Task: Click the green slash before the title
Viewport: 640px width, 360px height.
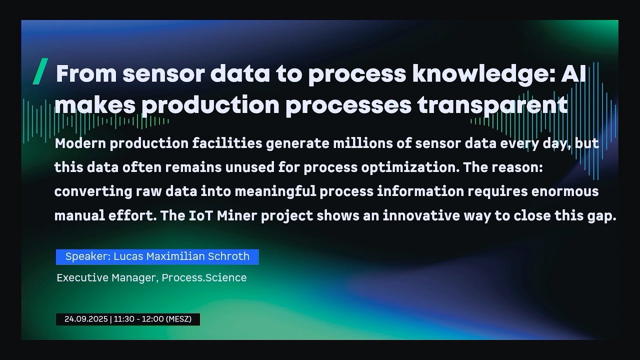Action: point(40,71)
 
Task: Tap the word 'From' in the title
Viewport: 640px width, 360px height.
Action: point(86,73)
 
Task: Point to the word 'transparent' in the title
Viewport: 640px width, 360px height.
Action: point(492,105)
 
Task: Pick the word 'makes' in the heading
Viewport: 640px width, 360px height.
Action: point(95,104)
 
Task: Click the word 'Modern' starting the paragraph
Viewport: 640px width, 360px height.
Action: point(80,143)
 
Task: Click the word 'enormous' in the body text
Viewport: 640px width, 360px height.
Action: point(565,191)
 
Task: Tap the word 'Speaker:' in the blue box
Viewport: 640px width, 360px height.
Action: point(88,256)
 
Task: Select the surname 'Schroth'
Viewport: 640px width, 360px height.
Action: point(228,256)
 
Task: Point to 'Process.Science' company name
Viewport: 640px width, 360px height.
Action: point(204,277)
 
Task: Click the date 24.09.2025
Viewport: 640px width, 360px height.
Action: point(86,319)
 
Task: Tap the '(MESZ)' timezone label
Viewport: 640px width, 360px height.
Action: point(178,319)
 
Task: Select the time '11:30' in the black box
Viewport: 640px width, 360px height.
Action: point(124,319)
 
